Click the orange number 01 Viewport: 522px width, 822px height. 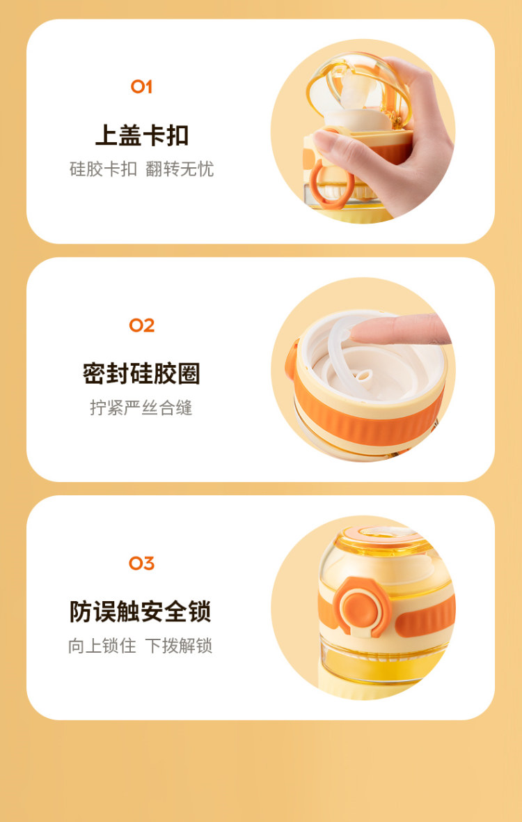[141, 86]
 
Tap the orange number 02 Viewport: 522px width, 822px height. [142, 325]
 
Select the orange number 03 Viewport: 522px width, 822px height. [142, 564]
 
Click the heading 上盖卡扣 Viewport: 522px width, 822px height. [142, 135]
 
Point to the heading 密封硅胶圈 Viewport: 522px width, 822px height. [141, 374]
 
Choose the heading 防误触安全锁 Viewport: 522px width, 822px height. [141, 612]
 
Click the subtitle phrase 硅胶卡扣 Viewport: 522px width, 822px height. [103, 169]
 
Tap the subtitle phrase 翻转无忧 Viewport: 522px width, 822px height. [180, 169]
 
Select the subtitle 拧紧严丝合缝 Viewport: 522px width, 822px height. [141, 408]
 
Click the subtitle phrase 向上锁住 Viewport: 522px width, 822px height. [102, 645]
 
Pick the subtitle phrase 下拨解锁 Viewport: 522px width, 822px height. [179, 645]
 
